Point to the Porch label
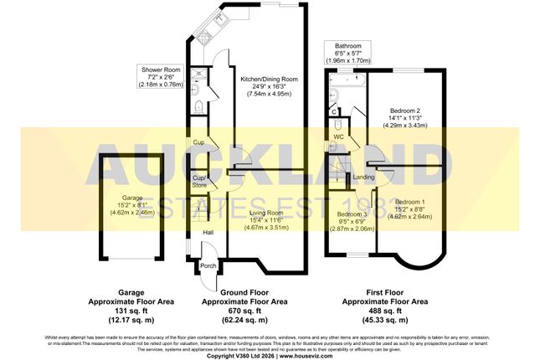pyautogui.click(x=207, y=266)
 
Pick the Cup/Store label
pyautogui.click(x=199, y=182)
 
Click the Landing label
pyautogui.click(x=363, y=177)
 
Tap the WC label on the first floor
pyautogui.click(x=338, y=136)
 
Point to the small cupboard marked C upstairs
pyautogui.click(x=333, y=111)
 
